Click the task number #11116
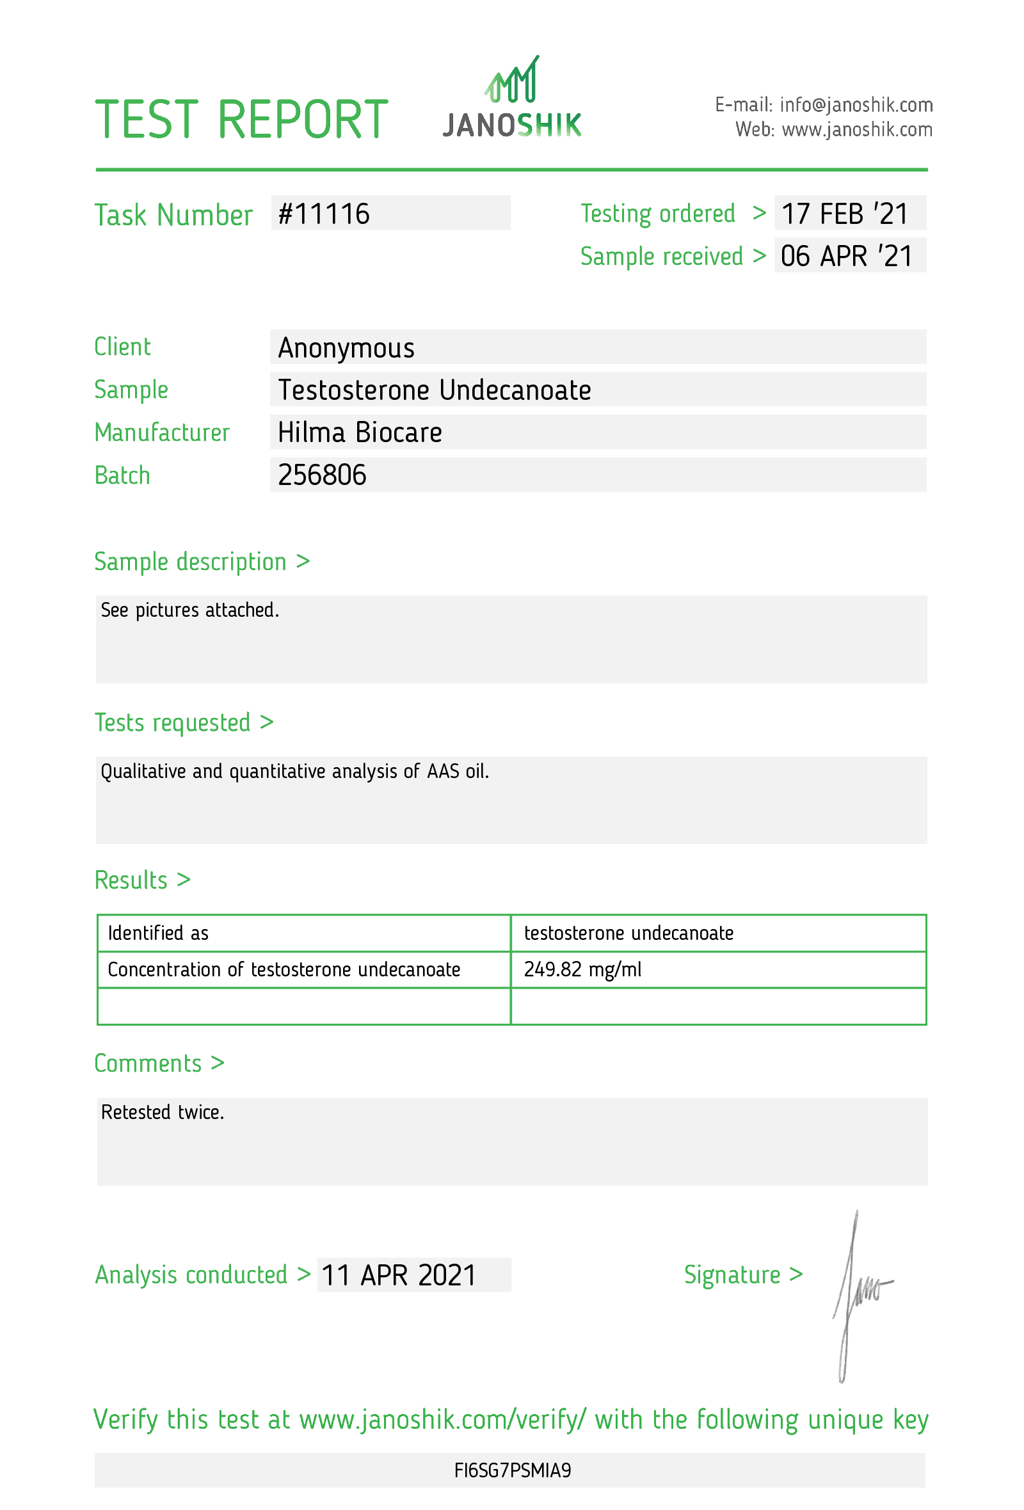click(x=324, y=214)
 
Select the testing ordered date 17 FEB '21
click(x=844, y=214)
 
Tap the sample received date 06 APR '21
click(x=846, y=256)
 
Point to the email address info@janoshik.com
click(x=856, y=104)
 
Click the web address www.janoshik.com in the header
click(x=856, y=130)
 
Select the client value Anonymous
click(x=346, y=347)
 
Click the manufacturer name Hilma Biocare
click(x=359, y=432)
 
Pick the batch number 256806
click(x=322, y=475)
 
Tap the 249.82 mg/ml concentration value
click(x=582, y=969)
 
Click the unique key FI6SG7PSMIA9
click(x=512, y=1470)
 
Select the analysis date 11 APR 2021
click(x=398, y=1275)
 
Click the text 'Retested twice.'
click(x=163, y=1112)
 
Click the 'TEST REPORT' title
click(x=241, y=120)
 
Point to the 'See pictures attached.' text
click(x=189, y=610)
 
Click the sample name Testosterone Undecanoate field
click(x=434, y=390)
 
